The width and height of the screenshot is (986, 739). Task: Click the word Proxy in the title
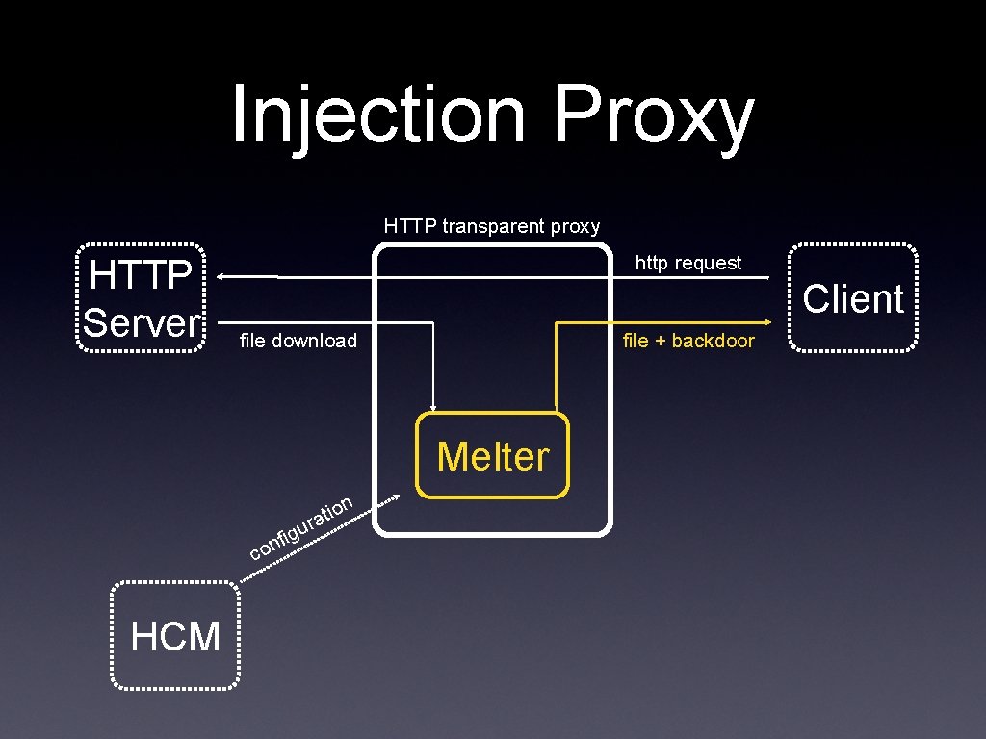tap(653, 115)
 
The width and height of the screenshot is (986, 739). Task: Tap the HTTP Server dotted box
tap(141, 298)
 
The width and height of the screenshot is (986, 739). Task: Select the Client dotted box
tap(852, 298)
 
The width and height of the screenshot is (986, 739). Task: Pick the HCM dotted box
tap(175, 636)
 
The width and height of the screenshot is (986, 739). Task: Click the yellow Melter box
tap(492, 455)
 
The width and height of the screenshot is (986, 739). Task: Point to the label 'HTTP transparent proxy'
tap(491, 227)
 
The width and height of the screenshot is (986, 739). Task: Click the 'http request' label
tap(688, 263)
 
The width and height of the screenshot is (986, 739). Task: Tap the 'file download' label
tap(298, 341)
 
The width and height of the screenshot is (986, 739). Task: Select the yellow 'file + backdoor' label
tap(688, 341)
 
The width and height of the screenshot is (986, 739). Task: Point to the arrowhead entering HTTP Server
tap(221, 277)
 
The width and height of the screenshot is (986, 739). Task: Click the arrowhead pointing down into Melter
tap(435, 405)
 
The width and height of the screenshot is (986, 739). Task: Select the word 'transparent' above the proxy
tap(494, 227)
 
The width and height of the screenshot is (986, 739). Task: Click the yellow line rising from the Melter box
tap(557, 375)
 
